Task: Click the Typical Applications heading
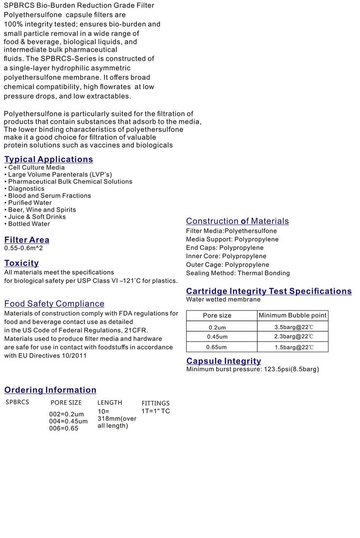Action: (48, 159)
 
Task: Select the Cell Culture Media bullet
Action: (36, 168)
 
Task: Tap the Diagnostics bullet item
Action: (26, 189)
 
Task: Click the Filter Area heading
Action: (27, 240)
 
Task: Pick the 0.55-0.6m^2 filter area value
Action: (24, 248)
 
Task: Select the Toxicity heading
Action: (22, 263)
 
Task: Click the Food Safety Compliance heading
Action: (54, 304)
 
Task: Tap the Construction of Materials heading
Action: (238, 221)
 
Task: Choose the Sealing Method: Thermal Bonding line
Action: (238, 273)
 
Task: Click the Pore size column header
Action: (217, 315)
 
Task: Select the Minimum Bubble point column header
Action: (293, 315)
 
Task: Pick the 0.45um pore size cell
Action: (217, 337)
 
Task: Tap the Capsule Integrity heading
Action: (224, 361)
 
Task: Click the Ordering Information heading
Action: (50, 390)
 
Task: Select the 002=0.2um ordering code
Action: (66, 414)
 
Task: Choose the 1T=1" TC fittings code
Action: (156, 411)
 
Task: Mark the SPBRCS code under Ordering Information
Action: (17, 402)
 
